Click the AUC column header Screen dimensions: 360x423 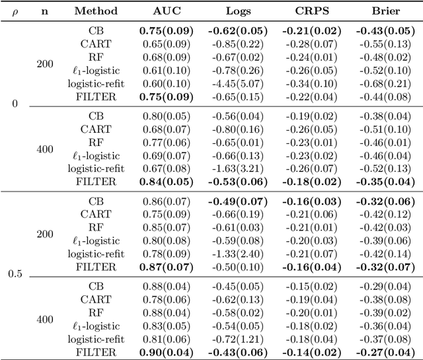coord(166,11)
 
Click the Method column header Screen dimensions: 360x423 coord(96,11)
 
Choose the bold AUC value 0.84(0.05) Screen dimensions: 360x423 coord(166,182)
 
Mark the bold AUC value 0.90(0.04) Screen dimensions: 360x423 coord(166,352)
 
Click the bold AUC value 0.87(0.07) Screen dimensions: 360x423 coord(166,268)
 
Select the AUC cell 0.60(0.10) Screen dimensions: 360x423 coord(166,83)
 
